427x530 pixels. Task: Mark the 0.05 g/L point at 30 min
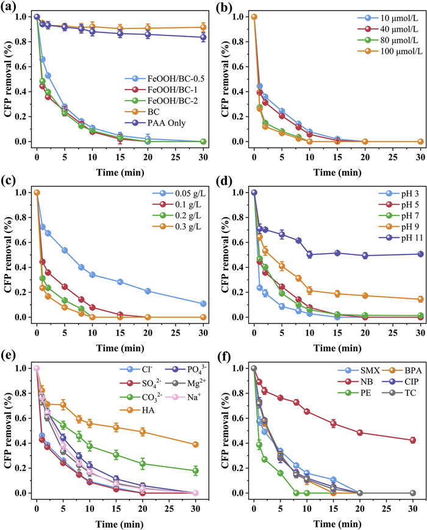pyautogui.click(x=203, y=304)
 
